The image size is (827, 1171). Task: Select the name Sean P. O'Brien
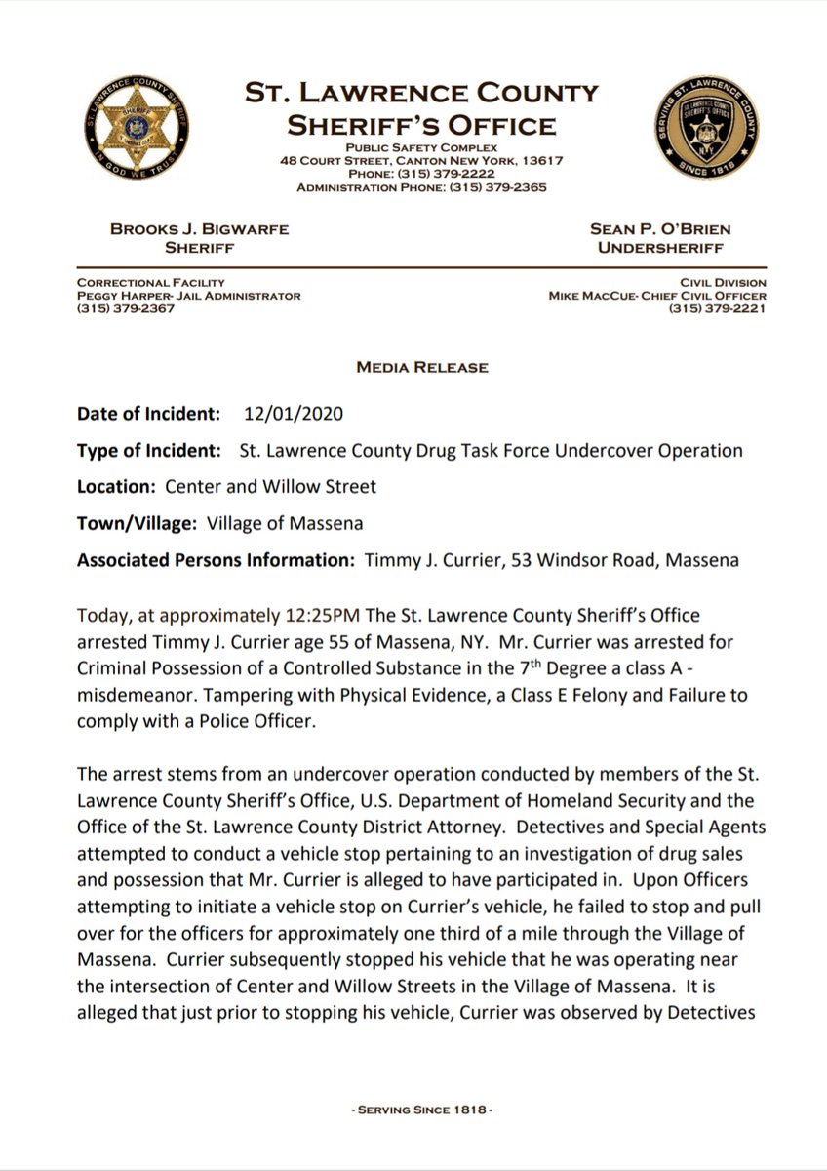[x=659, y=229]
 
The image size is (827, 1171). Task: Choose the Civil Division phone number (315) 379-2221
[x=717, y=309]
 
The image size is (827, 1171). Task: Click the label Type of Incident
[x=153, y=451]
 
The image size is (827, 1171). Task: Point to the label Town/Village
[x=138, y=523]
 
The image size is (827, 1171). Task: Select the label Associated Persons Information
[x=216, y=560]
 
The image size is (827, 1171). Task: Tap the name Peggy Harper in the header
[x=123, y=296]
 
